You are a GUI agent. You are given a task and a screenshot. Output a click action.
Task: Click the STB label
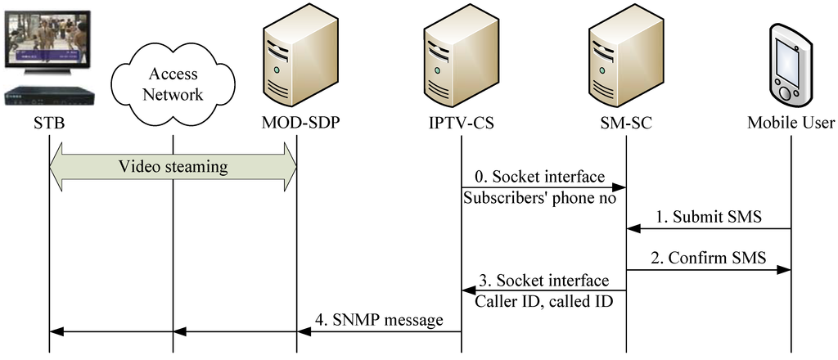(48, 124)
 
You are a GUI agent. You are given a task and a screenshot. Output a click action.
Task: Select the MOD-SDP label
(296, 124)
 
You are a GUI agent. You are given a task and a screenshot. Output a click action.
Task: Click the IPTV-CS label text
(461, 124)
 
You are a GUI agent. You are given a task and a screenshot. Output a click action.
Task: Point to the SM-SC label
(625, 124)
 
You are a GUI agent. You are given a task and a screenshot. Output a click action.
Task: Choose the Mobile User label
(791, 124)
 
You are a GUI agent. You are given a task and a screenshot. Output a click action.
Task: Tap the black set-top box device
(48, 96)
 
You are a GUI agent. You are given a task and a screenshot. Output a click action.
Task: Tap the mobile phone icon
(790, 65)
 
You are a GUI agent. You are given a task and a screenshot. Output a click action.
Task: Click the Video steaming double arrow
(173, 167)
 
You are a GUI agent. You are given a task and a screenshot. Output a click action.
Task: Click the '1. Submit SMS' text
(709, 217)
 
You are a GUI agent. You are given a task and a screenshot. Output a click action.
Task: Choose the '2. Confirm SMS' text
(709, 259)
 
